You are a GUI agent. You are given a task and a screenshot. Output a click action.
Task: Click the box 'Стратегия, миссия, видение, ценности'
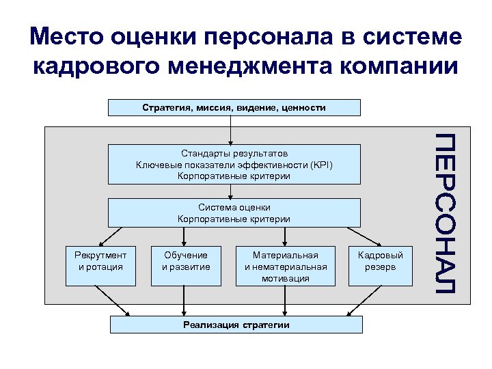point(234,107)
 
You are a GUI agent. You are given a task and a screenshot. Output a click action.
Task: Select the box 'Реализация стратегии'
point(236,325)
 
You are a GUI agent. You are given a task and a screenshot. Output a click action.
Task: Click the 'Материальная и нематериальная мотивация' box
point(286,265)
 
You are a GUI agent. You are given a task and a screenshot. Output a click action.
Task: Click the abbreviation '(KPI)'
point(323,165)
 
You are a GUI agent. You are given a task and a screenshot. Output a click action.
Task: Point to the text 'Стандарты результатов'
point(234,154)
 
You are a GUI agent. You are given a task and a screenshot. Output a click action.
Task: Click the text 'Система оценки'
point(234,207)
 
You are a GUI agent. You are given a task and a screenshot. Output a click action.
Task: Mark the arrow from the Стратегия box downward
point(231,130)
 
